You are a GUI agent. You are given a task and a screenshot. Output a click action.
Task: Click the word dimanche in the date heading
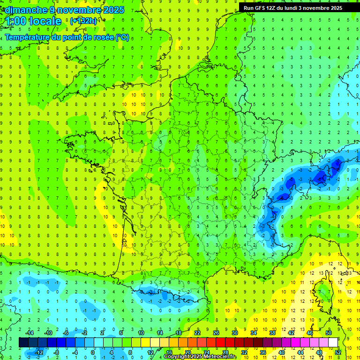23,10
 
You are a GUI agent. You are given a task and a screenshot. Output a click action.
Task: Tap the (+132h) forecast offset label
83,21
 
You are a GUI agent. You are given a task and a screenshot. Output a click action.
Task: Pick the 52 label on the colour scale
337,352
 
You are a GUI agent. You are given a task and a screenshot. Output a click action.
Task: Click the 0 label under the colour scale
92,352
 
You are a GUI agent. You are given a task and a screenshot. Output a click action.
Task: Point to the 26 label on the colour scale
216,333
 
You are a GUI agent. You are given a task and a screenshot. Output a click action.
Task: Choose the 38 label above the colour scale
272,333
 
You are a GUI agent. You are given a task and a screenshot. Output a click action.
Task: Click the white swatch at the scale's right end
333,343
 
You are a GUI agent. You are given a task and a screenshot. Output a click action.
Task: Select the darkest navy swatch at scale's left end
23,343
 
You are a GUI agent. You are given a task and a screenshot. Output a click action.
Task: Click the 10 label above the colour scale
141,333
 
